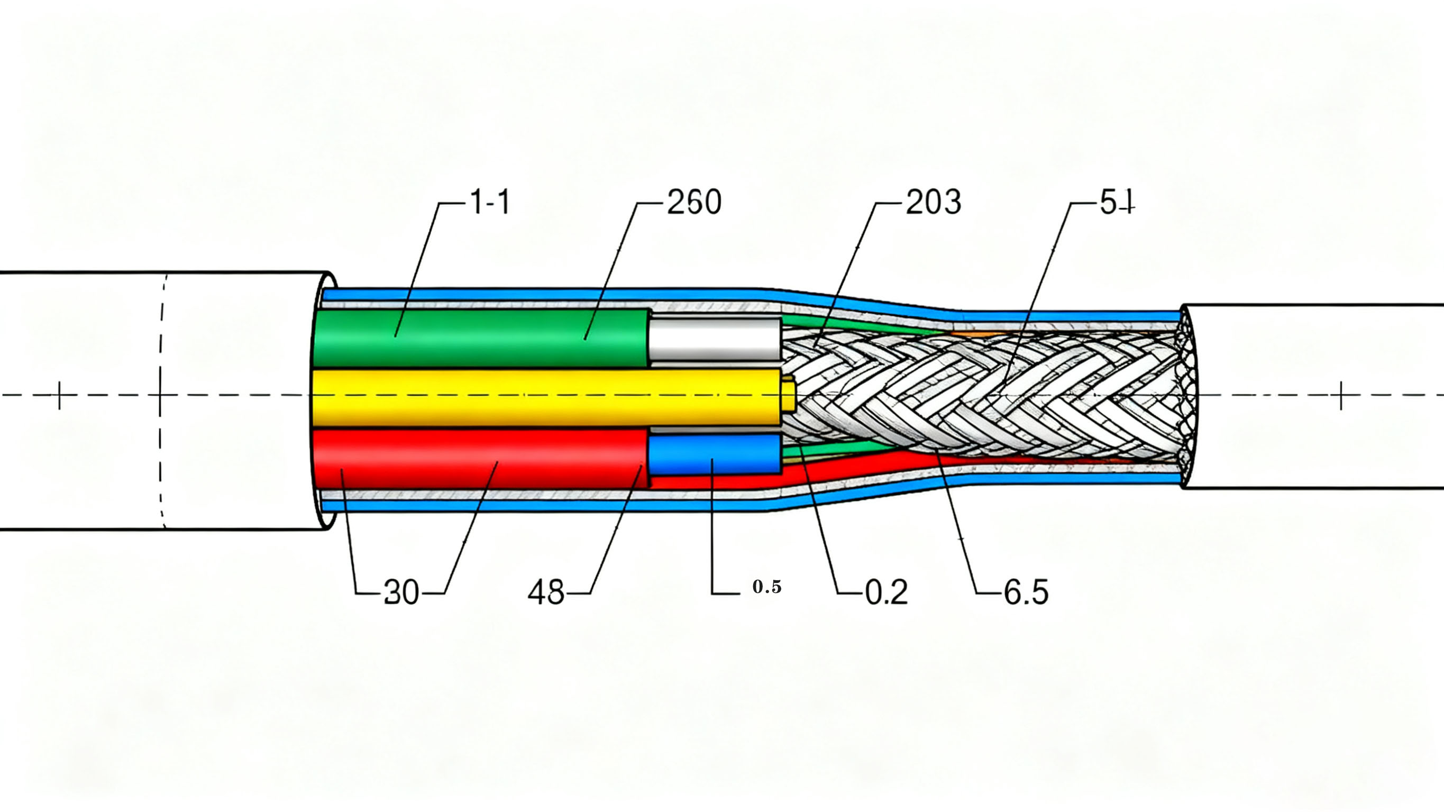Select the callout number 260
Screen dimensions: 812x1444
pyautogui.click(x=694, y=203)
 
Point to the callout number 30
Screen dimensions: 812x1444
pyautogui.click(x=401, y=592)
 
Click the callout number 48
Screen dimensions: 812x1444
pyautogui.click(x=546, y=592)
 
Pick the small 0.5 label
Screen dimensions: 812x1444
pyautogui.click(x=767, y=587)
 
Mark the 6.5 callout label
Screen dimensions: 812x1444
pyautogui.click(x=1026, y=592)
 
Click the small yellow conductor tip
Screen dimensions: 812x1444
pyautogui.click(x=789, y=394)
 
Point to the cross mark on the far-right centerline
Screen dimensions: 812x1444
pyautogui.click(x=1341, y=395)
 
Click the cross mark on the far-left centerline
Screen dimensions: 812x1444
pyautogui.click(x=59, y=395)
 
